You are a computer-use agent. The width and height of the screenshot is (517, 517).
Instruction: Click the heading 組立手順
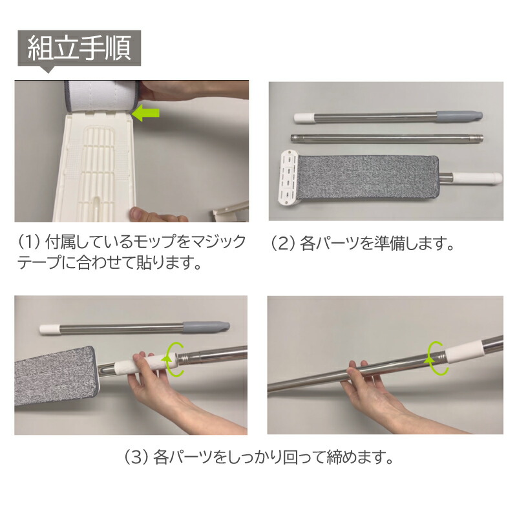pos(79,48)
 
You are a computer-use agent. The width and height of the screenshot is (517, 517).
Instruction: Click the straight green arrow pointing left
pos(146,112)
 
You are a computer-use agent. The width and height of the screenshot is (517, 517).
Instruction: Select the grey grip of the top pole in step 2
pos(459,116)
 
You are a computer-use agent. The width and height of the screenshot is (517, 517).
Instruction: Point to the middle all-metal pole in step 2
pos(387,138)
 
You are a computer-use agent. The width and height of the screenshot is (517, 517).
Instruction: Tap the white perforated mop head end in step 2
pos(288,178)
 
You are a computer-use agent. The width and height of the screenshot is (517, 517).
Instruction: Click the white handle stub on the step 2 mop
pos(477,178)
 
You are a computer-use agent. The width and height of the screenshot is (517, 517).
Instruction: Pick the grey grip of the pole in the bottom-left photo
pos(206,326)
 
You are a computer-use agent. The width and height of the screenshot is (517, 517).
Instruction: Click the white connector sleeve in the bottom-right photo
pos(464,352)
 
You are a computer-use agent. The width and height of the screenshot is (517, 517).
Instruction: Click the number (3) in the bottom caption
pos(136,458)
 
